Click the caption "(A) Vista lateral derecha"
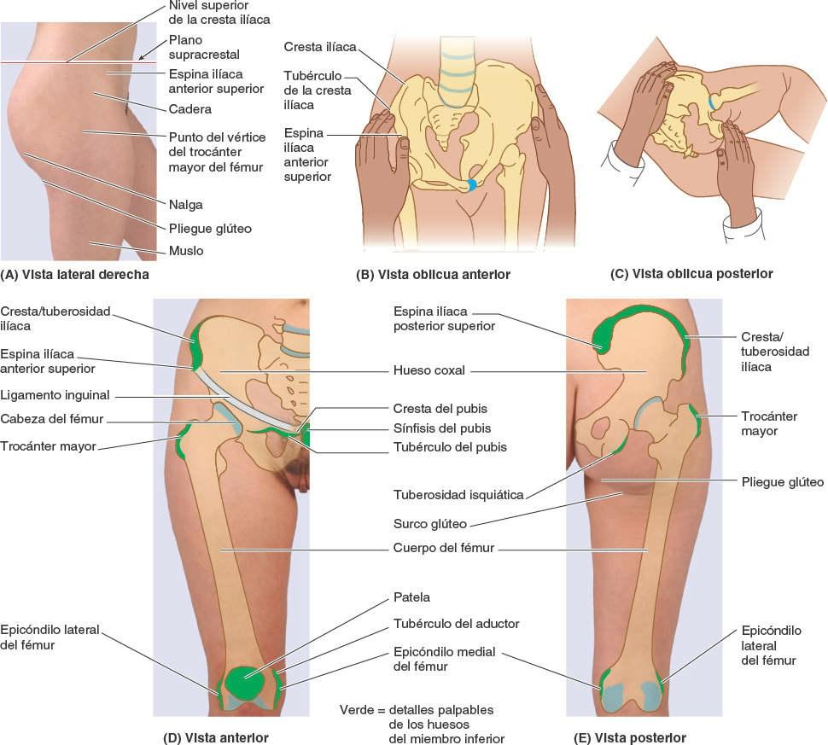pyautogui.click(x=75, y=275)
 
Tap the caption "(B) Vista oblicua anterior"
pyautogui.click(x=433, y=275)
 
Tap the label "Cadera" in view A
pyautogui.click(x=190, y=110)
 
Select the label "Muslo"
pyautogui.click(x=185, y=252)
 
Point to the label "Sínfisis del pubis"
pyautogui.click(x=442, y=428)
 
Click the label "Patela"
pyautogui.click(x=411, y=597)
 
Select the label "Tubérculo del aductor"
pyautogui.click(x=456, y=624)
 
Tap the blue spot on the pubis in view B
pyautogui.click(x=470, y=184)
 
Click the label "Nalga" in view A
pyautogui.click(x=186, y=205)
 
